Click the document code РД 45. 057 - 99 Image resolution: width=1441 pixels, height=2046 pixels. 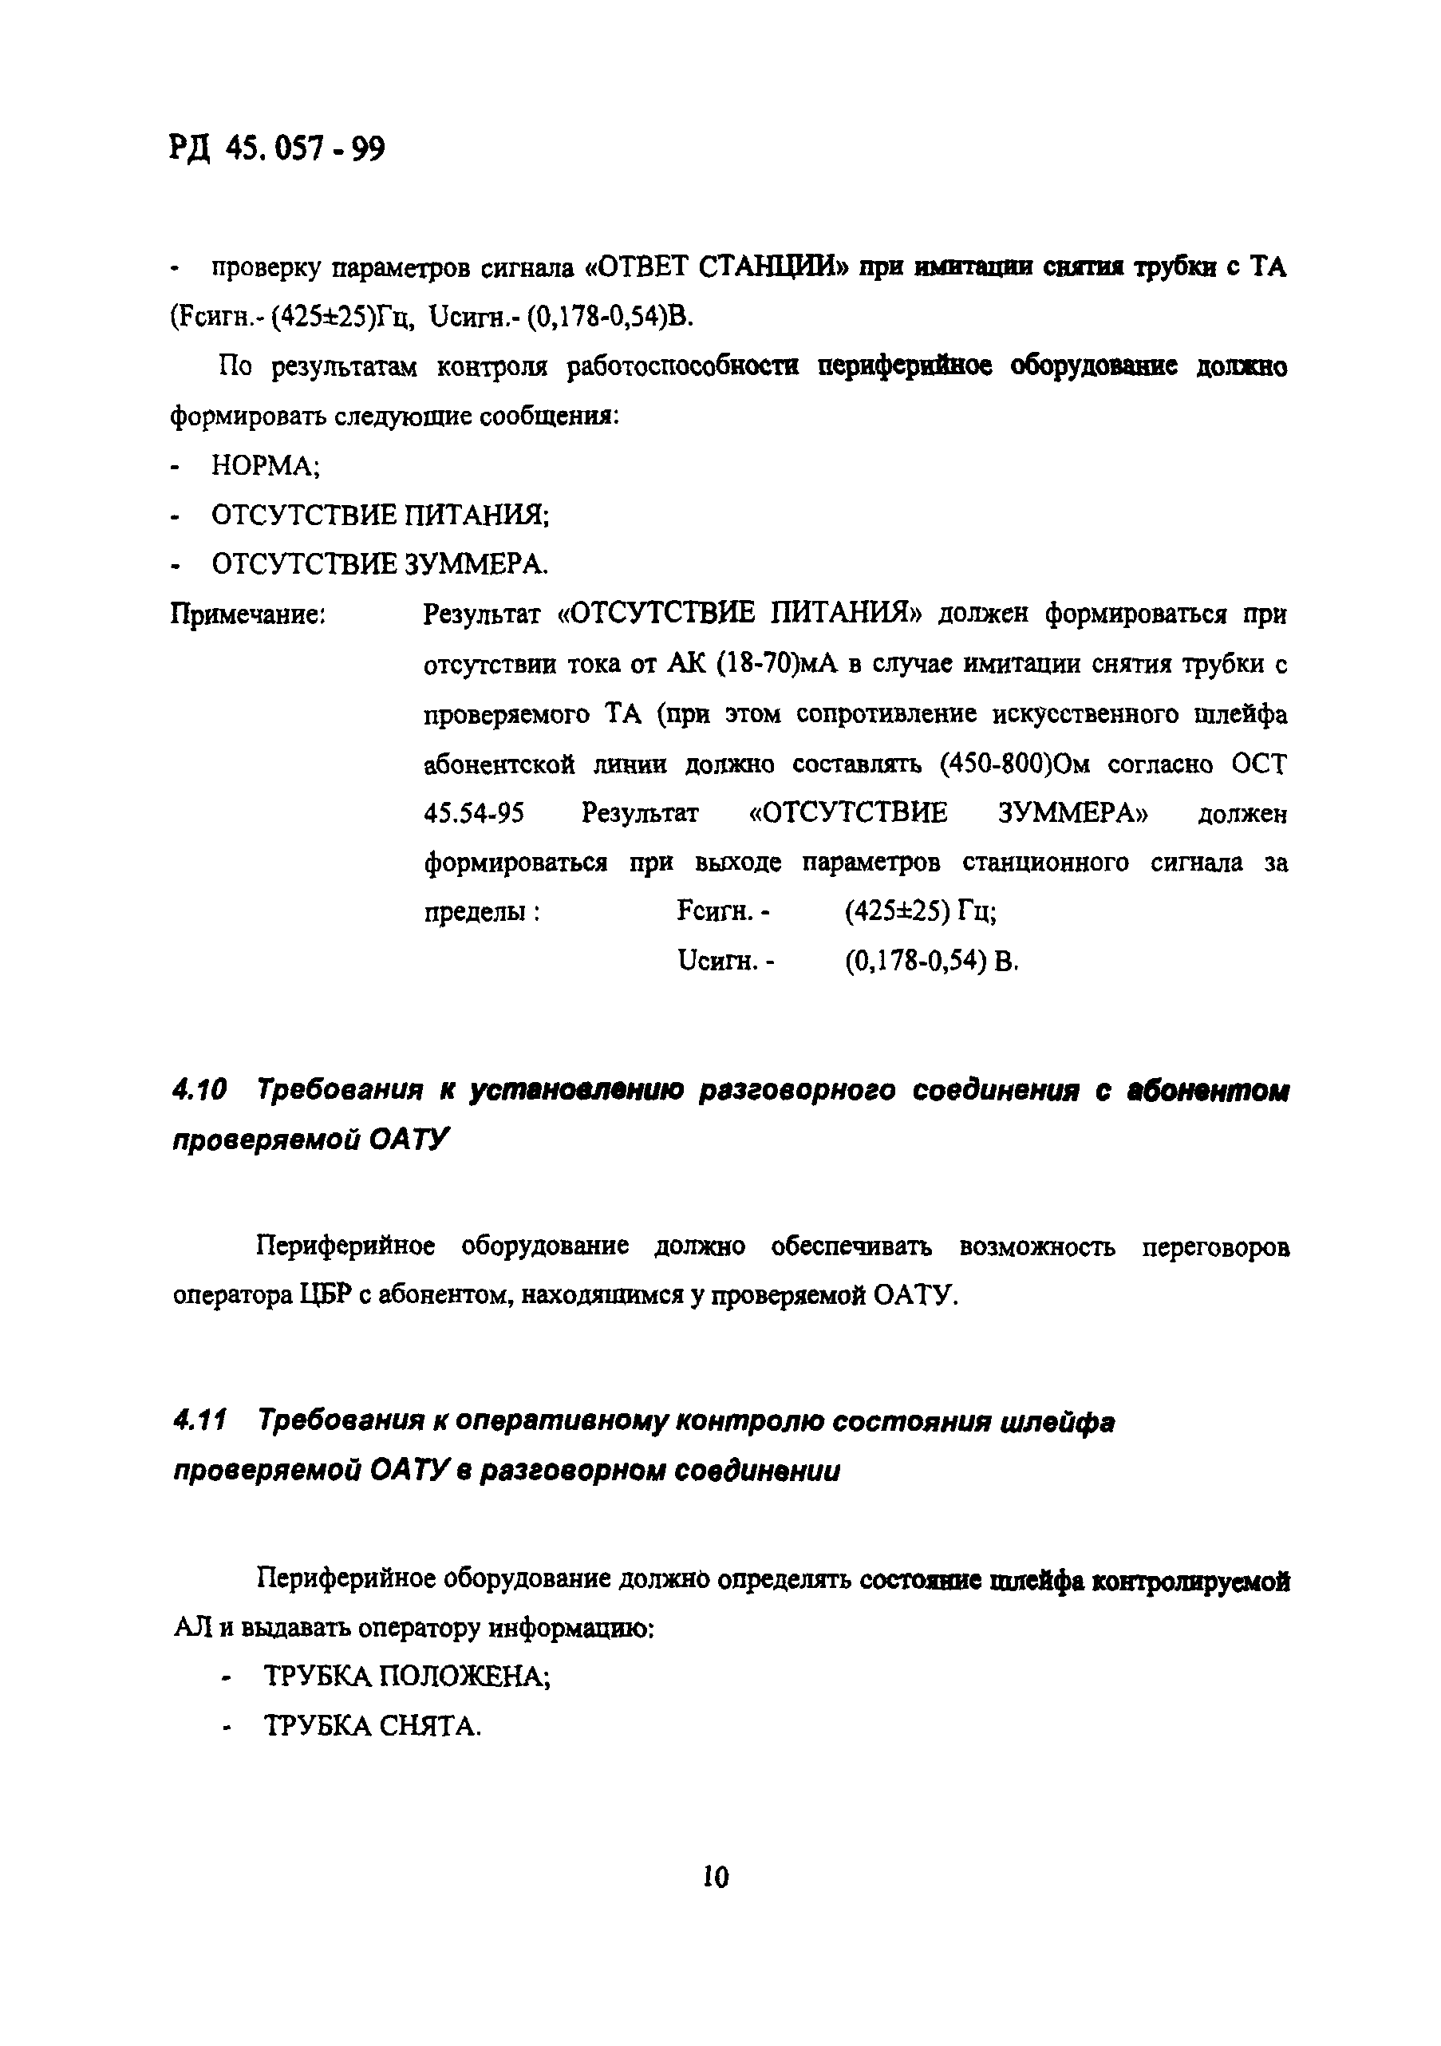click(x=276, y=148)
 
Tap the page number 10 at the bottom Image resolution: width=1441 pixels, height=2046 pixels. click(x=715, y=1877)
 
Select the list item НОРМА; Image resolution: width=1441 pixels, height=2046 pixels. click(x=265, y=466)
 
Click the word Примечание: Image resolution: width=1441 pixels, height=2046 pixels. click(x=247, y=614)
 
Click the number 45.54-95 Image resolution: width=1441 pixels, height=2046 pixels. click(x=473, y=814)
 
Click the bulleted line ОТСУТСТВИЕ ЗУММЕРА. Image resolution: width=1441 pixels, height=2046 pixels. click(x=380, y=564)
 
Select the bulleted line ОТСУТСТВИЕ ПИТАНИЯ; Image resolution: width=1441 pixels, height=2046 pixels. click(x=380, y=515)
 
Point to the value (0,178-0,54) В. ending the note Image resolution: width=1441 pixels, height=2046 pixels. click(x=930, y=962)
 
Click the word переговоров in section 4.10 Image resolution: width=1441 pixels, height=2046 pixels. click(x=1215, y=1246)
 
